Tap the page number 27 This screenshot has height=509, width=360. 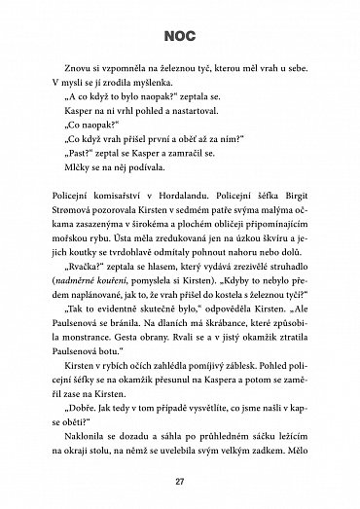coord(179,478)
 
